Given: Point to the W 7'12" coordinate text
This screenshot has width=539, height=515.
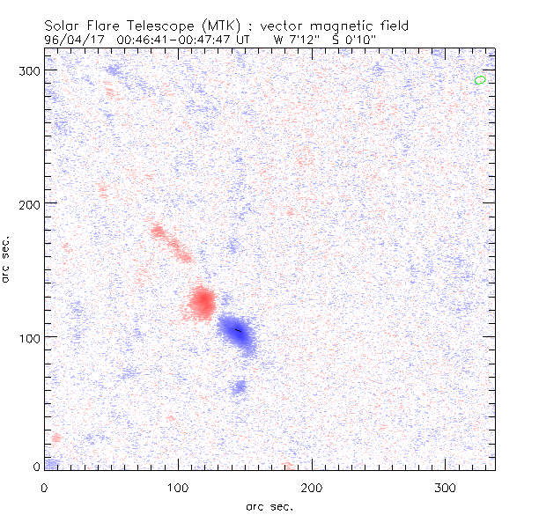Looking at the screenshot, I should click(x=295, y=39).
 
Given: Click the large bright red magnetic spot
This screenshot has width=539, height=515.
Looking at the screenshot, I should click(x=203, y=302).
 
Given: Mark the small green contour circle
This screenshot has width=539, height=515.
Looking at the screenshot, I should click(x=480, y=80).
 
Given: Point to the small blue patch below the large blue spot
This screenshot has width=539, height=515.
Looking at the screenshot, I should click(x=238, y=387).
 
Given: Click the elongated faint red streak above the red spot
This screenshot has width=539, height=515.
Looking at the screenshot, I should click(x=170, y=244).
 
